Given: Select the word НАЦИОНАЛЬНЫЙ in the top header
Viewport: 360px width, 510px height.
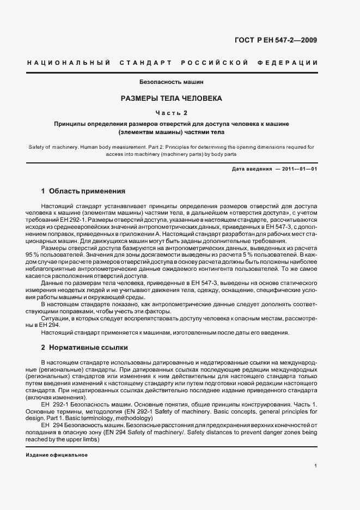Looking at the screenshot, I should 69,63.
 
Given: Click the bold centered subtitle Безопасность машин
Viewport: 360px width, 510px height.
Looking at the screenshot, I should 172,82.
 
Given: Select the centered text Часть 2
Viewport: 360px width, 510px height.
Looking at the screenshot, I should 172,113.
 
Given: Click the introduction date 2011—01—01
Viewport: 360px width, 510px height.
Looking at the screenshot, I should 299,169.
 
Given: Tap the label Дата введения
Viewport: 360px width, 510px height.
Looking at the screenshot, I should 252,169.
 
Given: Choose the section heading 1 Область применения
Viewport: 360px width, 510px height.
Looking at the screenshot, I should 83,191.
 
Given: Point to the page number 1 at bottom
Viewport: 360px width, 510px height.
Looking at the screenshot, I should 315,465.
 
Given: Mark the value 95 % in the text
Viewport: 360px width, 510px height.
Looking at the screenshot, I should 34,255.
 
